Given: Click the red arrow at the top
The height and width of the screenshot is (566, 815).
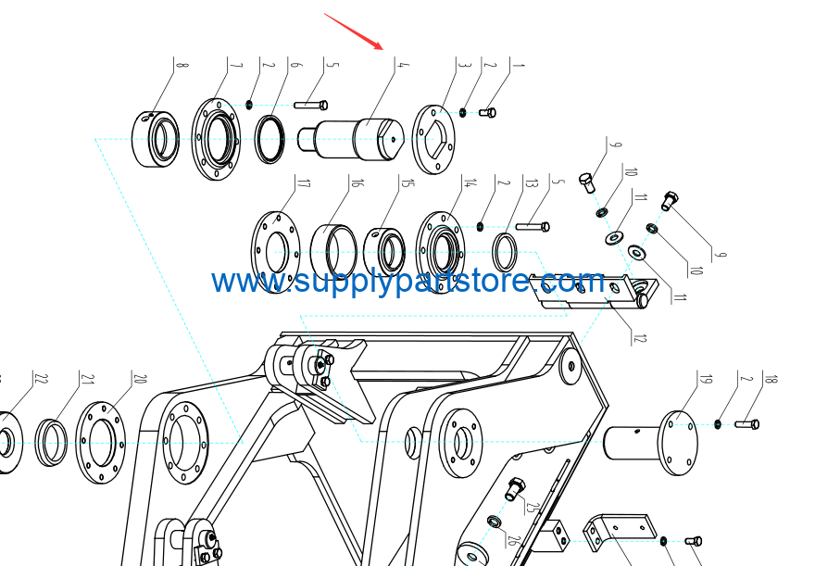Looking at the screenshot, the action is (x=354, y=31).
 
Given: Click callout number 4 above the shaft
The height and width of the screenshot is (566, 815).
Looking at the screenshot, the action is (x=403, y=65).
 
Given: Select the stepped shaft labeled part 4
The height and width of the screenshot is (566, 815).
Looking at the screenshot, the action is (x=350, y=139).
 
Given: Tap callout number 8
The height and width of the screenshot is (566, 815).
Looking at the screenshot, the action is (x=182, y=65).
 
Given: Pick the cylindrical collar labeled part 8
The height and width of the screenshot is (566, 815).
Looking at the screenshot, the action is (x=156, y=139).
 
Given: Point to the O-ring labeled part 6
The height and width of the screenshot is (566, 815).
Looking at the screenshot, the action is (x=270, y=139).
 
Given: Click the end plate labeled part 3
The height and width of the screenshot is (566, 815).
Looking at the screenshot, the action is (x=433, y=139).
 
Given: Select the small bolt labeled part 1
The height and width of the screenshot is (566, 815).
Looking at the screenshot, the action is (x=487, y=112).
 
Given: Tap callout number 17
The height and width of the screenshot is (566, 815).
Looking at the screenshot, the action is (x=304, y=183).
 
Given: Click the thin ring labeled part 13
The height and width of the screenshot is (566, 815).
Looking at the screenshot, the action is (x=504, y=253).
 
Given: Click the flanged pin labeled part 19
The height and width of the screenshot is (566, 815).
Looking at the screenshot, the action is (x=651, y=443).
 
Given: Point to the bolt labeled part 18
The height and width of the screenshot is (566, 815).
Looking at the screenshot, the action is (x=746, y=424).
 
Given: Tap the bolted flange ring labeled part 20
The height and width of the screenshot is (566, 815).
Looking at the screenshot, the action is (x=101, y=442).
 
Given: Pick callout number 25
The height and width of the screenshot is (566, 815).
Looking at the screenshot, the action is (x=530, y=507).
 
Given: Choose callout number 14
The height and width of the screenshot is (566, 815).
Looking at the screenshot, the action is (x=470, y=182).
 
